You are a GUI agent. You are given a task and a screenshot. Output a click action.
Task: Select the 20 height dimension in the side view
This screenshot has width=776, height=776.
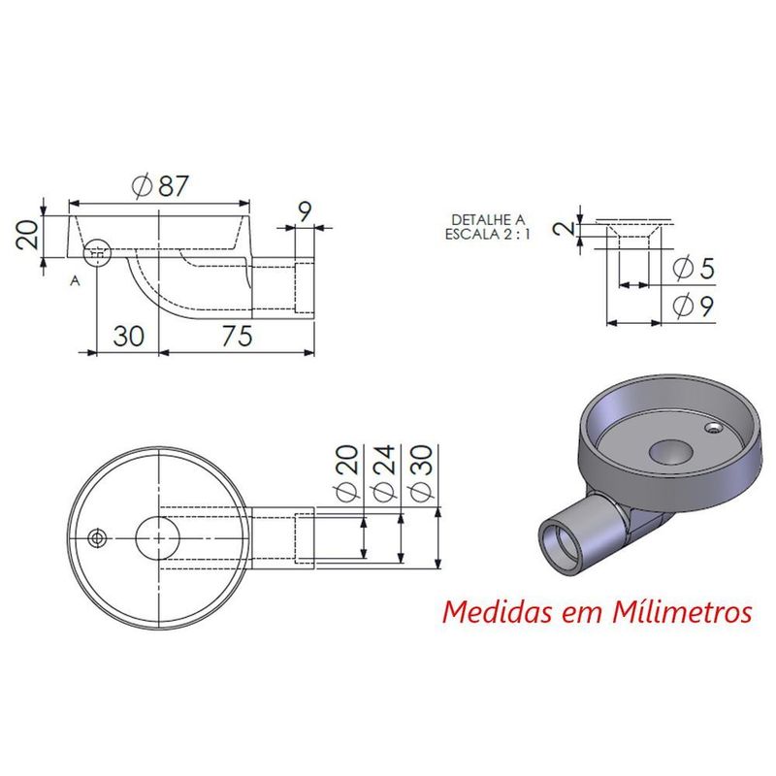coord(27,234)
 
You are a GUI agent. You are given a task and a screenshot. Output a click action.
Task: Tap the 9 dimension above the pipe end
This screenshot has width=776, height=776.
coord(306,211)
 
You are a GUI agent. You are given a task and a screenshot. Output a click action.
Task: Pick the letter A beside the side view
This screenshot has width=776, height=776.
coord(74,281)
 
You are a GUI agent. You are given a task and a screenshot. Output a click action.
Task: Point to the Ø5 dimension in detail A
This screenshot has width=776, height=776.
coord(694,268)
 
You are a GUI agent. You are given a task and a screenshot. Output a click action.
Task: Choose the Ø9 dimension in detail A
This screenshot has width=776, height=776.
coord(694,307)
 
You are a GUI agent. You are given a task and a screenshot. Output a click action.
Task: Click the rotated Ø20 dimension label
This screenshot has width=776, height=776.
coord(349,473)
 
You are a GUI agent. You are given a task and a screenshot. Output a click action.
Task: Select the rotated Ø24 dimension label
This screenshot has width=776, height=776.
coord(386,473)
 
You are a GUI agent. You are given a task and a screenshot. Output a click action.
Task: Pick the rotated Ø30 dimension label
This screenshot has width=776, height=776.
coord(422,473)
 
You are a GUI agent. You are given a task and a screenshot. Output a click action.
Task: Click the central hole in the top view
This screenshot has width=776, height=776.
coord(158,536)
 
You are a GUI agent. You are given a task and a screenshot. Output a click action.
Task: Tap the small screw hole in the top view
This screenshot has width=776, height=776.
coord(97,537)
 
